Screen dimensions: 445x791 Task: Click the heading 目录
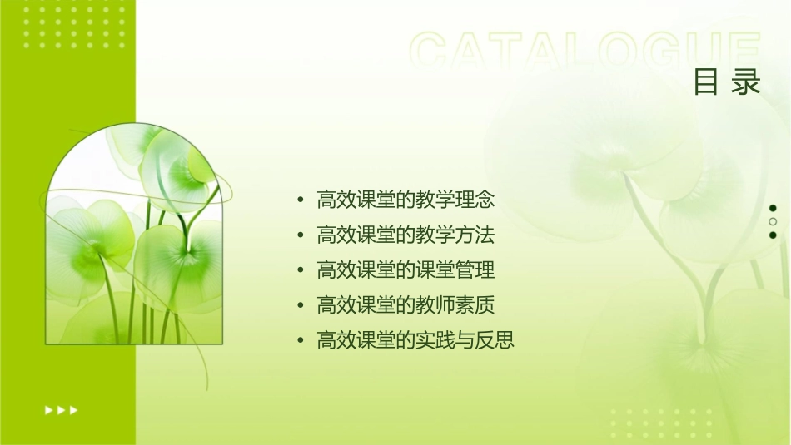(727, 83)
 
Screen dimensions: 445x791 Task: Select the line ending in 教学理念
(405, 200)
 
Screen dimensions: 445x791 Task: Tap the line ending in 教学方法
(405, 235)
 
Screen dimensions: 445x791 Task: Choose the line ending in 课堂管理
(405, 270)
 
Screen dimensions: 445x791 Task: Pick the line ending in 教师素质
(405, 305)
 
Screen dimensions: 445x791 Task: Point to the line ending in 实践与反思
(415, 340)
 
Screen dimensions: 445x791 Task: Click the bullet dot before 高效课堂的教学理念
(301, 200)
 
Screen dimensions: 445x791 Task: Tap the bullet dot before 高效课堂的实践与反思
(301, 341)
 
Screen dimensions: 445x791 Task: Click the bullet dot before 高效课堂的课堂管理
(301, 271)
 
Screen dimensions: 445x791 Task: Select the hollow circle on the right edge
(773, 222)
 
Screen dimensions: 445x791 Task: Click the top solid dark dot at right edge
(773, 209)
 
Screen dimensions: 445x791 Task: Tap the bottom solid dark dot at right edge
(773, 235)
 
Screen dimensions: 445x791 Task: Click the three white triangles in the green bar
(61, 409)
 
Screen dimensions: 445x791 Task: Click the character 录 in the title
(747, 83)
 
